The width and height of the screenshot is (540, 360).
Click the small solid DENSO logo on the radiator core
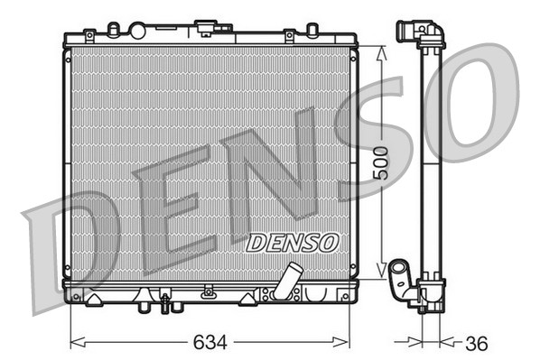(x=292, y=242)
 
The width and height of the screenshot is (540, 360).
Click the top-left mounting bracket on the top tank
(x=88, y=35)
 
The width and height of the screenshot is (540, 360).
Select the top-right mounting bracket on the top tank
(x=289, y=35)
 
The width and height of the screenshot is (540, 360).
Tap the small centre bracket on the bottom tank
(x=209, y=291)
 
